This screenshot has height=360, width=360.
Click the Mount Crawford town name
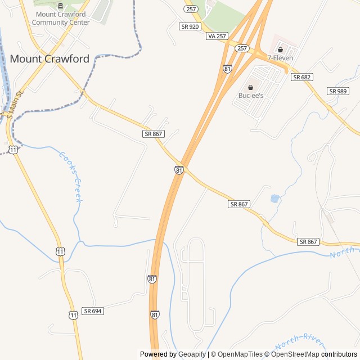(49, 58)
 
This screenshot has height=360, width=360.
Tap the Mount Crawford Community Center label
(61, 19)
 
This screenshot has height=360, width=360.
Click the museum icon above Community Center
(61, 6)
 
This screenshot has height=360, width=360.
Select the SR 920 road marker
(190, 26)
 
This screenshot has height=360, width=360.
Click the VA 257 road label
(217, 36)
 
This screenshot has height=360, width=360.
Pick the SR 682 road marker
(302, 77)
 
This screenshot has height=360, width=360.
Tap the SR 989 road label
(338, 91)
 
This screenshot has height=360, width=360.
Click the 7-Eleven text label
(281, 58)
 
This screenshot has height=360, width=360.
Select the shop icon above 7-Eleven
(280, 49)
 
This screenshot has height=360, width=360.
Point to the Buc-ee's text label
(251, 96)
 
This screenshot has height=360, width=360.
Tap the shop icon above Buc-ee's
(250, 87)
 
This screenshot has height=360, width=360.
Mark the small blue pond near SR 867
(274, 198)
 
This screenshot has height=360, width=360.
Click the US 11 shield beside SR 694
(73, 315)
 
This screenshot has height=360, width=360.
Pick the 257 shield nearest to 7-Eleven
(242, 48)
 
